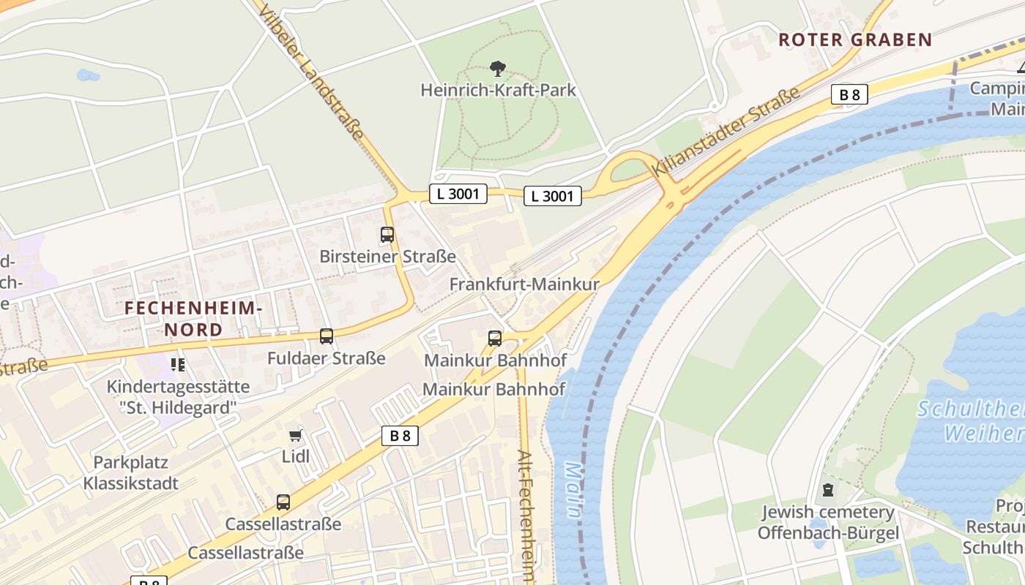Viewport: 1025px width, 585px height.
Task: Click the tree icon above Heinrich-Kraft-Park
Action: pyautogui.click(x=498, y=69)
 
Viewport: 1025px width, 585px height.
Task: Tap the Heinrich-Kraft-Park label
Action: pyautogui.click(x=498, y=91)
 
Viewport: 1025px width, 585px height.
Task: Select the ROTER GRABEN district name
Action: pyautogui.click(x=854, y=40)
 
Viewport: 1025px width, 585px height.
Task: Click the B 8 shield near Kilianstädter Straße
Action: pyautogui.click(x=849, y=94)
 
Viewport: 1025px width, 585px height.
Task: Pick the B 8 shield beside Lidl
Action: pyautogui.click(x=400, y=436)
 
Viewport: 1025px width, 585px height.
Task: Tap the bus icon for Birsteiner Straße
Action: pyautogui.click(x=387, y=235)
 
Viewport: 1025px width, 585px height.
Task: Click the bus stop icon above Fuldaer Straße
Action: pyautogui.click(x=327, y=336)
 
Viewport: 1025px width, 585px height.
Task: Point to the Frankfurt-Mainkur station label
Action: pyautogui.click(x=524, y=284)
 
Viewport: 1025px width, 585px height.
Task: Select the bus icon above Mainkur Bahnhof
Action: pyautogui.click(x=495, y=339)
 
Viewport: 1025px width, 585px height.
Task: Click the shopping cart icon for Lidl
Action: pyautogui.click(x=295, y=436)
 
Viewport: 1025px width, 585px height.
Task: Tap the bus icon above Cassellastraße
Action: pyautogui.click(x=283, y=502)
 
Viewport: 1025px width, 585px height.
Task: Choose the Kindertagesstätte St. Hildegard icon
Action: pyautogui.click(x=178, y=364)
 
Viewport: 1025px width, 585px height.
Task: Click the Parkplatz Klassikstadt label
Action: pyautogui.click(x=130, y=472)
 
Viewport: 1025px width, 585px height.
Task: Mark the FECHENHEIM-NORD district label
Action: pyautogui.click(x=193, y=319)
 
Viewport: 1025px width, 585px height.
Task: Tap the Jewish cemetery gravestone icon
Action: pyautogui.click(x=828, y=490)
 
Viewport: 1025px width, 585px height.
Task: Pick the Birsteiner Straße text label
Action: pyautogui.click(x=387, y=257)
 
